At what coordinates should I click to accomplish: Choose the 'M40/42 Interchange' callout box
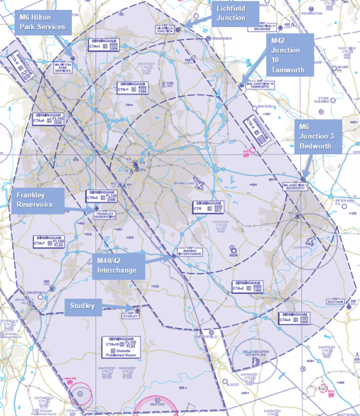click(120, 265)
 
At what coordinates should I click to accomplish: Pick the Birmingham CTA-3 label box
click(105, 44)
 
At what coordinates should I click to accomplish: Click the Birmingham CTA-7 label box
click(50, 241)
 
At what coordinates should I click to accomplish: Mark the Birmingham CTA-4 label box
click(294, 319)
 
